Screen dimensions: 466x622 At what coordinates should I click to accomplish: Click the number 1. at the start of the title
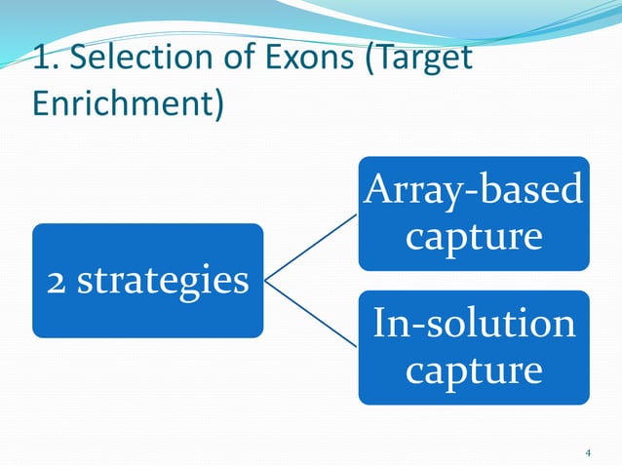pyautogui.click(x=44, y=59)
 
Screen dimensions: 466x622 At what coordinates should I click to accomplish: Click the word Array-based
pyautogui.click(x=473, y=191)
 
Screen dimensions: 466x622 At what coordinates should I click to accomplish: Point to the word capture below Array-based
pyautogui.click(x=473, y=235)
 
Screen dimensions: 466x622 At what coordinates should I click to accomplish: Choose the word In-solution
pyautogui.click(x=473, y=325)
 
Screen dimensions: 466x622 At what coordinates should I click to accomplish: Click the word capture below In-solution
pyautogui.click(x=473, y=369)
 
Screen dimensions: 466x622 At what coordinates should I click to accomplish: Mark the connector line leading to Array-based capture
pyautogui.click(x=312, y=249)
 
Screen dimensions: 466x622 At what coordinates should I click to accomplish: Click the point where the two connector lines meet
pyautogui.click(x=266, y=282)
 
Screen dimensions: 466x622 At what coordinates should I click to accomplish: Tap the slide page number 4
pyautogui.click(x=588, y=452)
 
